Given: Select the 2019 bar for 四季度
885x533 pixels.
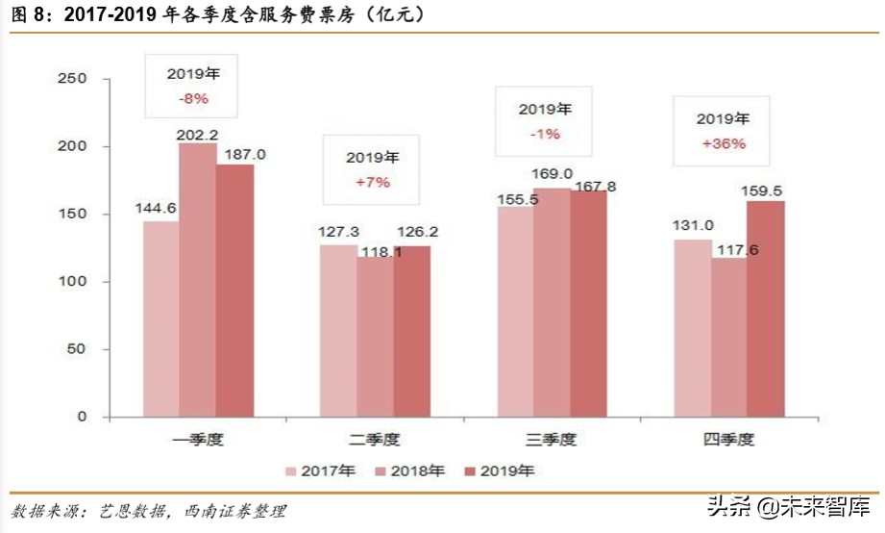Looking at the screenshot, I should click(x=765, y=309).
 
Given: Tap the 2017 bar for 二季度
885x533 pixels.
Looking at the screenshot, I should click(x=338, y=331).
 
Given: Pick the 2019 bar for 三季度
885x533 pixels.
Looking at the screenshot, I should click(x=588, y=304).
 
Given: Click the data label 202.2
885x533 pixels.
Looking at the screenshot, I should click(x=198, y=135).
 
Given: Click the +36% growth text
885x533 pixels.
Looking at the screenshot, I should click(x=723, y=143).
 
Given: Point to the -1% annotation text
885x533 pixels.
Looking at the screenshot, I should click(x=544, y=134).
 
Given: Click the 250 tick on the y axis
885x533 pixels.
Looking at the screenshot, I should click(x=72, y=79).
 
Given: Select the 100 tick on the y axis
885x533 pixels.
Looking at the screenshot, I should click(x=72, y=282).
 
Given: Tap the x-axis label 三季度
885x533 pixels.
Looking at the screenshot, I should click(x=552, y=440).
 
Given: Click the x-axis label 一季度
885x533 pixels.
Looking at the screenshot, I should click(x=198, y=440).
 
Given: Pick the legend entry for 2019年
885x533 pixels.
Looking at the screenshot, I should click(x=500, y=471).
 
